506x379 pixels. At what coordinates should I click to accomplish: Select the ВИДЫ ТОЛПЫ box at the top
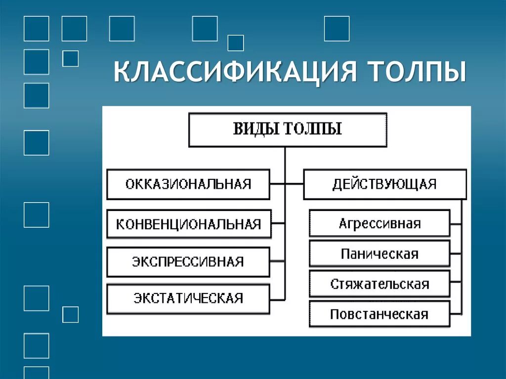pyautogui.click(x=287, y=129)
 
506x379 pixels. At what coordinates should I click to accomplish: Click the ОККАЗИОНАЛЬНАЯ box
pyautogui.click(x=188, y=184)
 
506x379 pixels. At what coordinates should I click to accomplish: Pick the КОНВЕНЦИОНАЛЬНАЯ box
pyautogui.click(x=188, y=224)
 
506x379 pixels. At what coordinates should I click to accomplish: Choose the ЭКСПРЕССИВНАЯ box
pyautogui.click(x=188, y=261)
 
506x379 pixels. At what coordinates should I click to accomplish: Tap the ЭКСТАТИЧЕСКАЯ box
pyautogui.click(x=188, y=298)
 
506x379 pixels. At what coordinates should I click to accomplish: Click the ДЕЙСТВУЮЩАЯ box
pyautogui.click(x=384, y=184)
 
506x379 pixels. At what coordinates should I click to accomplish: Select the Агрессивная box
pyautogui.click(x=379, y=223)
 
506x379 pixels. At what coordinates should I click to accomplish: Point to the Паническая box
pyautogui.click(x=379, y=254)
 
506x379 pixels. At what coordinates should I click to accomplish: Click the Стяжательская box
pyautogui.click(x=379, y=284)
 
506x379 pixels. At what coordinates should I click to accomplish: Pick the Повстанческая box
pyautogui.click(x=379, y=314)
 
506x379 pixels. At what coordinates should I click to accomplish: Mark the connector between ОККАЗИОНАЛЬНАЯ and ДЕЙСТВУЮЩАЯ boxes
pyautogui.click(x=287, y=184)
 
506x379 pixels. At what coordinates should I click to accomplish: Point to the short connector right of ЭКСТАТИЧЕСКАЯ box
pyautogui.click(x=278, y=299)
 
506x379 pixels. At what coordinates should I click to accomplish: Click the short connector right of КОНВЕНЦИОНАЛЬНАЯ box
pyautogui.click(x=279, y=224)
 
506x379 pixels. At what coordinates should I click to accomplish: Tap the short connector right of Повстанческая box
pyautogui.click(x=456, y=314)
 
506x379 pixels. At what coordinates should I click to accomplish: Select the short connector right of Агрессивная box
pyautogui.click(x=456, y=223)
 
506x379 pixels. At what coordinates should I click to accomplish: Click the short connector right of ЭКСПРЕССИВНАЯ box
pyautogui.click(x=278, y=261)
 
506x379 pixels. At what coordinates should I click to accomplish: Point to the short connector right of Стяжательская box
pyautogui.click(x=456, y=284)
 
